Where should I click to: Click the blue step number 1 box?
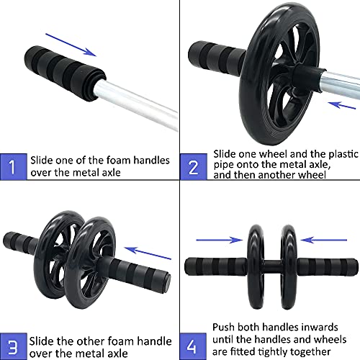pyautogui.click(x=14, y=166)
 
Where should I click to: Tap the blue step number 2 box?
pyautogui.click(x=194, y=166)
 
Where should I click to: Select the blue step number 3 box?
pyautogui.click(x=14, y=346)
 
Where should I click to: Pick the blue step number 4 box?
pyautogui.click(x=193, y=346)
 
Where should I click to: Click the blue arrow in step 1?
pyautogui.click(x=71, y=45)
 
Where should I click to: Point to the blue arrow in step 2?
pyautogui.click(x=342, y=105)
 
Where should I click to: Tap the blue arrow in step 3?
pyautogui.click(x=148, y=253)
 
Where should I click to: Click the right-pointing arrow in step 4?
pyautogui.click(x=220, y=240)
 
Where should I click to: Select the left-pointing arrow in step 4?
pyautogui.click(x=324, y=240)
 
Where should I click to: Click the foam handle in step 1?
pyautogui.click(x=65, y=73)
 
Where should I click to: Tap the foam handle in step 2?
pyautogui.click(x=216, y=58)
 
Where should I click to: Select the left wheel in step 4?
pyautogui.click(x=256, y=266)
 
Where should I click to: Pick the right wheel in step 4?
pyautogui.click(x=289, y=266)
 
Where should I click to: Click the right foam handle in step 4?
pyautogui.click(x=328, y=266)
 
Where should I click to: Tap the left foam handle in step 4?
pyautogui.click(x=216, y=266)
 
